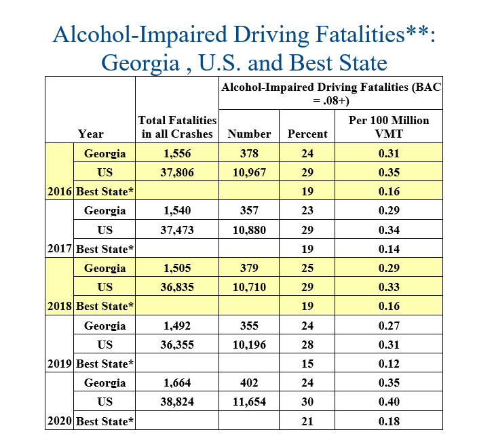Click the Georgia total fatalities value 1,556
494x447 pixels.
point(177,153)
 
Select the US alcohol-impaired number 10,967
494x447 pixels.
point(249,172)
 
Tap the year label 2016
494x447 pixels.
point(60,191)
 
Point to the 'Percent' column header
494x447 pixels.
point(307,134)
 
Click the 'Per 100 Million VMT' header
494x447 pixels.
point(389,127)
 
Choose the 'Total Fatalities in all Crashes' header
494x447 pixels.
point(177,127)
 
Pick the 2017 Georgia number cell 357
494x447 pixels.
point(249,210)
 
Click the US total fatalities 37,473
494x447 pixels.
point(177,230)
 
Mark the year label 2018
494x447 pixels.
point(60,306)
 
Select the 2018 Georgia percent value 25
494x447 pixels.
point(307,268)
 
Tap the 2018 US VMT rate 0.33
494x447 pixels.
point(389,287)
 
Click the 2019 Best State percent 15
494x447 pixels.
point(307,364)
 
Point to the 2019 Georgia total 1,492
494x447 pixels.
point(177,326)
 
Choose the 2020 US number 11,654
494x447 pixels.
point(249,402)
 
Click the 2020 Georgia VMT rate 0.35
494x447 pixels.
point(389,383)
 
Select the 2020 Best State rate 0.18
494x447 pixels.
point(389,421)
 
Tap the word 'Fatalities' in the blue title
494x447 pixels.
point(360,34)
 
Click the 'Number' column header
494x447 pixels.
point(249,134)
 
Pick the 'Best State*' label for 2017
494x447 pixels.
point(105,249)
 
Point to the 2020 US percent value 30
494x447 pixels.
point(307,402)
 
